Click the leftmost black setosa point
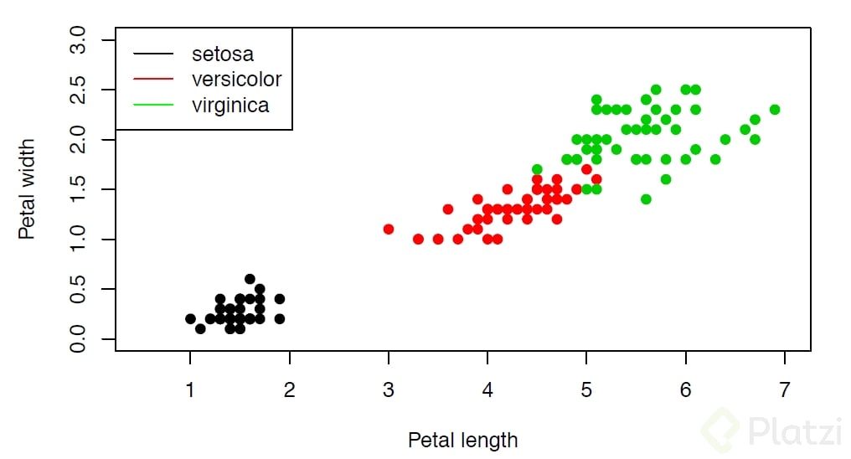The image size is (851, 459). pos(190,319)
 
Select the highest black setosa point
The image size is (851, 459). pos(250,279)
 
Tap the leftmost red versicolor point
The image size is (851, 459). pos(389,229)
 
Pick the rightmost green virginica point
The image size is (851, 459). pos(775,110)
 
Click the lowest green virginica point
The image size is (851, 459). pos(646,199)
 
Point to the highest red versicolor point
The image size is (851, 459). pos(586,169)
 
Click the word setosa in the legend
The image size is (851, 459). pos(222,54)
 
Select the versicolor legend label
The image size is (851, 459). pos(236,80)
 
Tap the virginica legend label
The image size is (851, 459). pos(230,105)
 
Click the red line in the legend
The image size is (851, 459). pos(152,80)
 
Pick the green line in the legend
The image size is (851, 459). pos(152,105)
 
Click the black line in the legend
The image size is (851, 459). pos(152,54)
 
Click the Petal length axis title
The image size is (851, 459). pos(462,440)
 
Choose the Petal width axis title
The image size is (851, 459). pos(28,189)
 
